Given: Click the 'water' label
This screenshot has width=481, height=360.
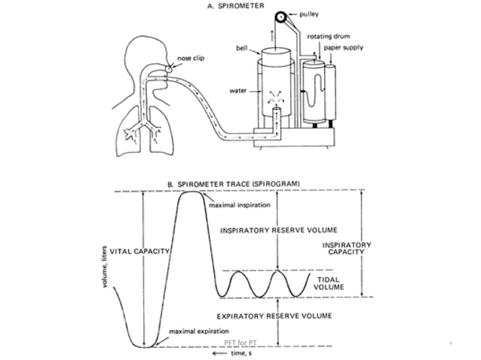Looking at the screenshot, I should coord(237,91).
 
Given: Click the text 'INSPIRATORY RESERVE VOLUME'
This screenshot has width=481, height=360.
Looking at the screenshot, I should coord(277,230).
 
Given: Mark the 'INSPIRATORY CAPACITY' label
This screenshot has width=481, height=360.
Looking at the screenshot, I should coord(346,249).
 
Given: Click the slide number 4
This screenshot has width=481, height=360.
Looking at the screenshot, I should coord(450,344).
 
